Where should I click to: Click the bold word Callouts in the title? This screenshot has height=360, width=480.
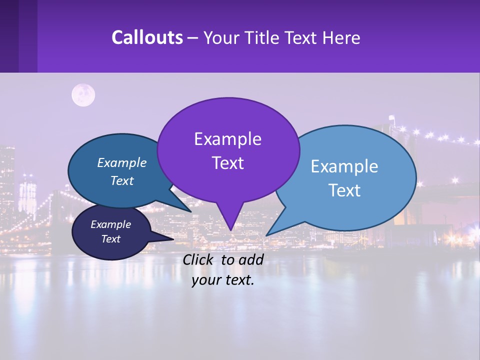(x=147, y=37)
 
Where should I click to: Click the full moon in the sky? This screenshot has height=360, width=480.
(x=83, y=95)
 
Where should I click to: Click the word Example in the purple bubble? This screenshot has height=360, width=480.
(x=227, y=139)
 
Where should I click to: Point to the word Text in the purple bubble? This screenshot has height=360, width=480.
(x=227, y=163)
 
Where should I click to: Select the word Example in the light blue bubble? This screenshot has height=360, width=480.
(x=344, y=166)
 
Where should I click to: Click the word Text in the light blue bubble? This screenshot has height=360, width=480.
(x=344, y=190)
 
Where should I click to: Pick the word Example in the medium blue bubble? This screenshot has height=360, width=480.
(x=122, y=162)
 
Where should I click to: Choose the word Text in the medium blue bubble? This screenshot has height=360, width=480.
(x=122, y=180)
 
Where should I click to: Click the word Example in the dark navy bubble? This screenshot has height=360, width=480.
(x=110, y=224)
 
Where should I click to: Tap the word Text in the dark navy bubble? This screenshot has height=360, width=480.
(x=110, y=239)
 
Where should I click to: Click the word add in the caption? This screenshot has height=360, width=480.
(x=250, y=259)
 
